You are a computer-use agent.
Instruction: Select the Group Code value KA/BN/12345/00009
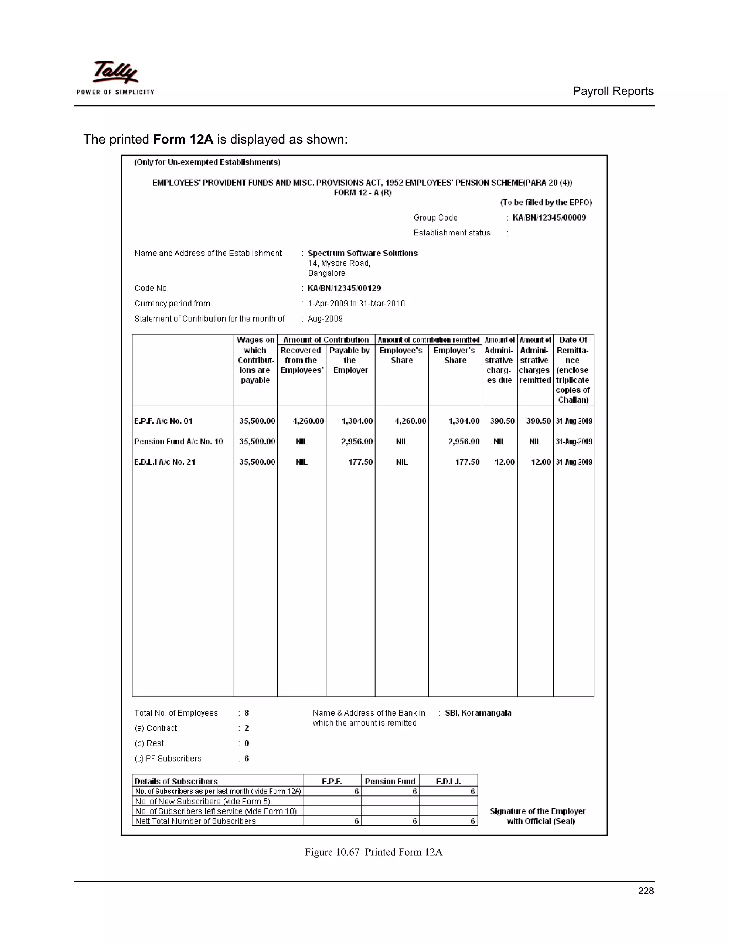tap(549, 217)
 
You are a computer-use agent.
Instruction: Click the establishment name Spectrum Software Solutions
tap(362, 253)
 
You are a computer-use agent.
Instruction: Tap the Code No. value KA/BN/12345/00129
tap(344, 288)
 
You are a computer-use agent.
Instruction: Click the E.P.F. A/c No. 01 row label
tap(163, 421)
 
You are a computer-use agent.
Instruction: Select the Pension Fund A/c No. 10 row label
tap(178, 441)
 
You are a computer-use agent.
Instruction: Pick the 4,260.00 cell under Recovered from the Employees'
tap(308, 421)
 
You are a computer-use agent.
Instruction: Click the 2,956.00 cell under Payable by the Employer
tap(357, 441)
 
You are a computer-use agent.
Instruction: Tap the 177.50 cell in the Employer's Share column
tap(467, 462)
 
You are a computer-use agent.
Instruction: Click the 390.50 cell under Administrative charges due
tap(502, 421)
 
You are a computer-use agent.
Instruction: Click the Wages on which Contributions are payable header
tap(255, 360)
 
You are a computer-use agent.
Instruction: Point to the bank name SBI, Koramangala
tap(478, 713)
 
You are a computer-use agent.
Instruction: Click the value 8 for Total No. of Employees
tap(247, 713)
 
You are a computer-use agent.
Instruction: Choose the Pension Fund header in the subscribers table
tap(389, 781)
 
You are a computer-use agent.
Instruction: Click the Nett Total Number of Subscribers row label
tap(195, 821)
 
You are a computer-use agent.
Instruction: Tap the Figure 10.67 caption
tap(373, 852)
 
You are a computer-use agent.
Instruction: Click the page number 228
tap(645, 891)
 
